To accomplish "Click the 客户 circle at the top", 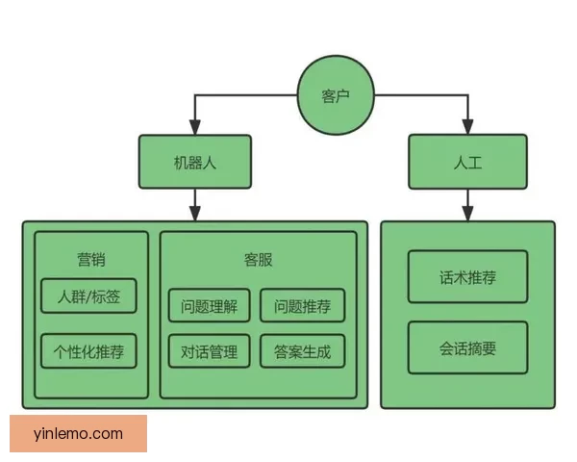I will [335, 95].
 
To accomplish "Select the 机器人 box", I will [195, 162].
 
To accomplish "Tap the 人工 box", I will [467, 162].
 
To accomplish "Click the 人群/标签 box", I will [88, 295].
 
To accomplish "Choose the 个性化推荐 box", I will [88, 350].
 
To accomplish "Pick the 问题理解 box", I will [209, 307].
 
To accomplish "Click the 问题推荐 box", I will [302, 307].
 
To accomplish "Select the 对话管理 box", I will [209, 351].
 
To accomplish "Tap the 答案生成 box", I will [302, 351].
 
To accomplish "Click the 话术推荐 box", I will [467, 277].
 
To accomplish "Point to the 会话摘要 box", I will [467, 347].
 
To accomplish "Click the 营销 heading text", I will [91, 259].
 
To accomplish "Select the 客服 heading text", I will [258, 259].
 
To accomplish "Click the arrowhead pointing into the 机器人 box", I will [195, 126].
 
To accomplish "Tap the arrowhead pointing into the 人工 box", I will [467, 126].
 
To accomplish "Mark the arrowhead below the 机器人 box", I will [195, 211].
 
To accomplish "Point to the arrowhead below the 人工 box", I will [467, 213].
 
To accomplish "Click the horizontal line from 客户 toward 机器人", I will [245, 95].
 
